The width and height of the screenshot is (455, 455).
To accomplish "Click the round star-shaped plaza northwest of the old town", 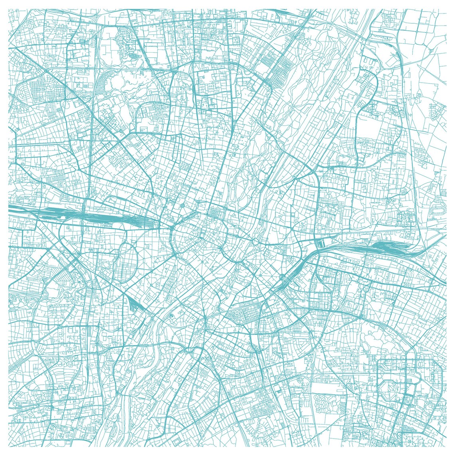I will coord(182,206).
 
